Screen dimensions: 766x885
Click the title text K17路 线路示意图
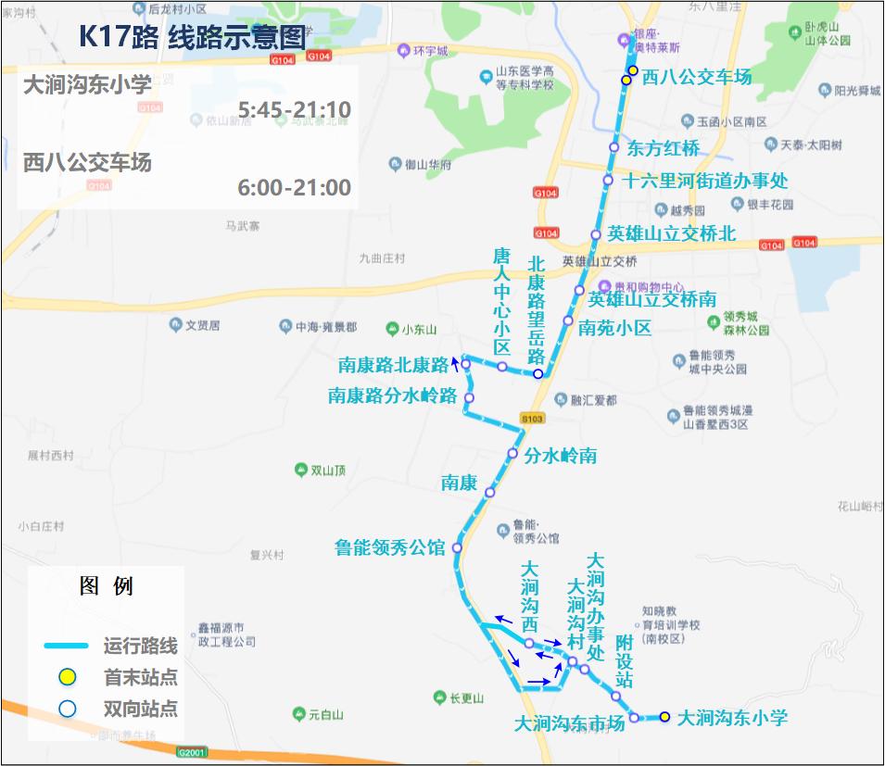coord(192,37)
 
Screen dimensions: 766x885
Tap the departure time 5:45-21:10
coord(294,111)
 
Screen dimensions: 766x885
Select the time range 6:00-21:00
coord(294,188)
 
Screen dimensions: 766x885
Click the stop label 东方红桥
coord(664,148)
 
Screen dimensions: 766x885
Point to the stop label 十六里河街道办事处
coord(705,181)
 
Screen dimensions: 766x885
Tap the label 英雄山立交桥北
coord(671,234)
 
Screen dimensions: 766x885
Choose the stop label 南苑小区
coord(614,328)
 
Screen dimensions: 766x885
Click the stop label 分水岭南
coord(560,456)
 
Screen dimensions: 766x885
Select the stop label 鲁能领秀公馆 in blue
coord(389,548)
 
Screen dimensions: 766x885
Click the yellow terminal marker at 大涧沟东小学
coord(664,716)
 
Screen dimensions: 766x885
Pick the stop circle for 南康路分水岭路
coord(469,398)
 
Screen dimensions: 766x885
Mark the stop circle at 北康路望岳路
coord(537,373)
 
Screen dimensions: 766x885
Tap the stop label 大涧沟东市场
coord(569,724)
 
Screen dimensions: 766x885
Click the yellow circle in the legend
coord(67,677)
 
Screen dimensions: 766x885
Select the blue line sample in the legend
coord(65,646)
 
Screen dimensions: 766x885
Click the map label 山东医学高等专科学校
coord(524,78)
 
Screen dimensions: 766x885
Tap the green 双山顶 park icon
coord(300,471)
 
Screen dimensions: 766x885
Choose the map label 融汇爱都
coord(593,400)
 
